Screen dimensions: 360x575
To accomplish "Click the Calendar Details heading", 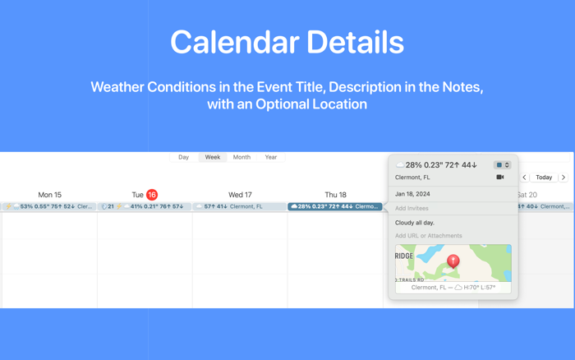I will click(x=287, y=43).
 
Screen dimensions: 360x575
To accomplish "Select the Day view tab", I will click(x=183, y=157).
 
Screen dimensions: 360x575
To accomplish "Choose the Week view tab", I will click(x=212, y=157).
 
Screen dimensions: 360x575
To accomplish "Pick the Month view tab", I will click(x=241, y=157).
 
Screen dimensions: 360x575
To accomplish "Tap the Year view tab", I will click(x=270, y=157).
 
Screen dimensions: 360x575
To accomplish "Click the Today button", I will click(x=544, y=178).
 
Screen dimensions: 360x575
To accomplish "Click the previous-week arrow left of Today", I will click(x=525, y=178).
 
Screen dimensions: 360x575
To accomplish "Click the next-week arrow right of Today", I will click(x=563, y=178).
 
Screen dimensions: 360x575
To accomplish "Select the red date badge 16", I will click(x=152, y=195).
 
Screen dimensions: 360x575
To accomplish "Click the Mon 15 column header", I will click(x=49, y=195).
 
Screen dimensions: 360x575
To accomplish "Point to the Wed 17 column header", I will click(x=240, y=195).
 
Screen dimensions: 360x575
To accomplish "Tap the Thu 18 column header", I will click(x=335, y=195).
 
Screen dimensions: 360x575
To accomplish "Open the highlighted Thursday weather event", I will click(x=335, y=207).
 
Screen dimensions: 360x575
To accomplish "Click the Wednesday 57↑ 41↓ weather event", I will click(x=240, y=207).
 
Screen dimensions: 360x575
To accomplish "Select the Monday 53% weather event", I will click(x=49, y=207).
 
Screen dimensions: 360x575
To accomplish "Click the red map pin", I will click(x=453, y=261).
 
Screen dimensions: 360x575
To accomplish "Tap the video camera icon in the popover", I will click(x=499, y=178).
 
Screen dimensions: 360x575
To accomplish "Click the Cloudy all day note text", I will click(x=415, y=223).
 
